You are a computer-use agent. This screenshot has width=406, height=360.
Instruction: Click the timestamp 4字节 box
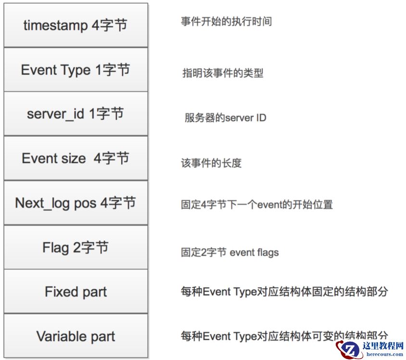pos(76,25)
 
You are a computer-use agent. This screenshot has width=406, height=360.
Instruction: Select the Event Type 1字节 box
pos(76,69)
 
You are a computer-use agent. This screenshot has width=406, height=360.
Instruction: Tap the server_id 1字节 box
pos(76,114)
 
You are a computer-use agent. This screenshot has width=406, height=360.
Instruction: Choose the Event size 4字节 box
pos(76,158)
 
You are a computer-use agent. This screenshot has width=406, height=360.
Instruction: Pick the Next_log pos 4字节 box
pos(76,203)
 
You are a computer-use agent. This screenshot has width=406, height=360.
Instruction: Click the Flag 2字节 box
pos(76,247)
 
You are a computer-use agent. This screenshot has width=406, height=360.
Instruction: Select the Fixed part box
pos(76,292)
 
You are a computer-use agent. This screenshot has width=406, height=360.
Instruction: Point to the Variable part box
pos(76,336)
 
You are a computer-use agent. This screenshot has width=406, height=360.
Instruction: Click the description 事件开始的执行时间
pos(226,22)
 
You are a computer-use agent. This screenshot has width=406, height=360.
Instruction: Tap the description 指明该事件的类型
pos(223,73)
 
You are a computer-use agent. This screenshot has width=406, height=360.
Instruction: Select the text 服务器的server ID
pos(225,118)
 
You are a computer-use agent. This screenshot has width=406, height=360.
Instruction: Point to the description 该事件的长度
pos(211,163)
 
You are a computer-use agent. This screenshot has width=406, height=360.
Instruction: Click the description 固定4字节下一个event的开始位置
pos(257,205)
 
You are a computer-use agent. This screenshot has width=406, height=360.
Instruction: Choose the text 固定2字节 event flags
pos(230,252)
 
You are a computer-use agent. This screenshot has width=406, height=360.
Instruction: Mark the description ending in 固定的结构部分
pos(284,292)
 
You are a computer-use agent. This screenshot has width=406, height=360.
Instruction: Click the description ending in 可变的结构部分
pos(284,335)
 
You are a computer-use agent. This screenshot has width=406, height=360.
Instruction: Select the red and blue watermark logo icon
pos(349,349)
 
